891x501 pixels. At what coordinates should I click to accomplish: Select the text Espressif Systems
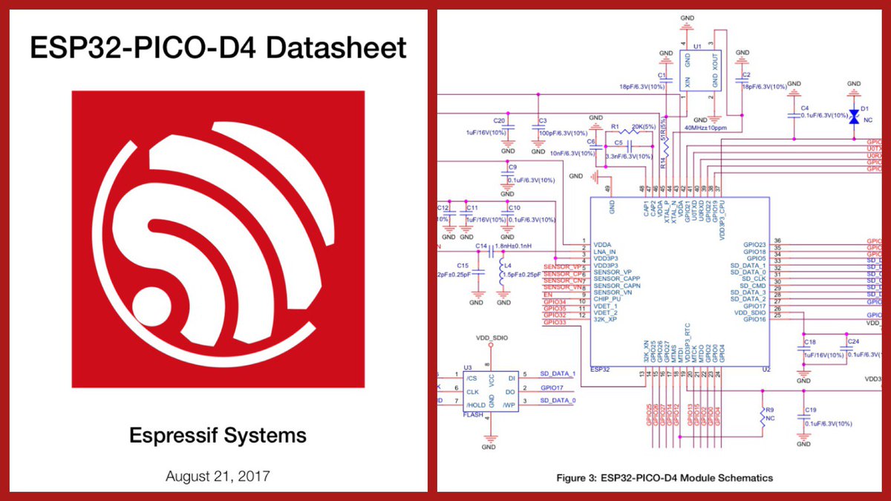[218, 435]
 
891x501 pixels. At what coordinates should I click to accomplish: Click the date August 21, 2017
[218, 476]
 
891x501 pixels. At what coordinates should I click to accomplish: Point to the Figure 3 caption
[665, 478]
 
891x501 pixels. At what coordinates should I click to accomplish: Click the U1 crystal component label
[696, 46]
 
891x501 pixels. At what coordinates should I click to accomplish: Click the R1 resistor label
[614, 127]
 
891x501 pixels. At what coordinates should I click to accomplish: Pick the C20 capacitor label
[499, 120]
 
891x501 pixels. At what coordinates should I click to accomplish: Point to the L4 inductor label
[508, 265]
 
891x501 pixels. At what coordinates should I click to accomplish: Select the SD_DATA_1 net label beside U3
[558, 373]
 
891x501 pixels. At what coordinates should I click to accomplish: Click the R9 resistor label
[770, 409]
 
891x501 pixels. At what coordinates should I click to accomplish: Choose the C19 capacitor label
[809, 410]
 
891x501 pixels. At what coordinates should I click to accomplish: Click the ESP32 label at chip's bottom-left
[599, 368]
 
